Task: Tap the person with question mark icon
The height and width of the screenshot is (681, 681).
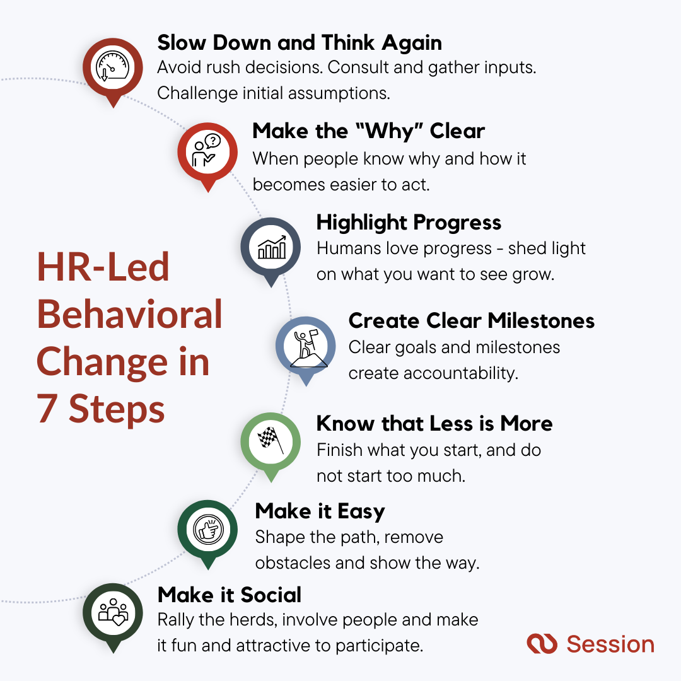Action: pyautogui.click(x=207, y=151)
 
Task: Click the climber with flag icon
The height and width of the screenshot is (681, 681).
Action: pyautogui.click(x=306, y=345)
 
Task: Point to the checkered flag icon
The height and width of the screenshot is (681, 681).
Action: pyautogui.click(x=271, y=441)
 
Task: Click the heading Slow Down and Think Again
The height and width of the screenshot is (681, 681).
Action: pyautogui.click(x=299, y=43)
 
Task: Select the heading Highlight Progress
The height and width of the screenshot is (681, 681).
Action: pyautogui.click(x=409, y=223)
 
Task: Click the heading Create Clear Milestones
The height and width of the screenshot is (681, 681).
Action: pyautogui.click(x=471, y=320)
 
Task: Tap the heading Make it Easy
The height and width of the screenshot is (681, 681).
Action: pyautogui.click(x=320, y=511)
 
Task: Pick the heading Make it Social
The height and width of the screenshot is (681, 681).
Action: pyautogui.click(x=230, y=595)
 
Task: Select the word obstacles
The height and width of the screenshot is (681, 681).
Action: pyautogui.click(x=293, y=563)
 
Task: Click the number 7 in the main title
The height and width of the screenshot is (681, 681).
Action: pyautogui.click(x=47, y=410)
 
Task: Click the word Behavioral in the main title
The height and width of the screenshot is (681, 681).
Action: pyautogui.click(x=129, y=315)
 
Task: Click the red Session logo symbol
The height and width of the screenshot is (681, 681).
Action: pyautogui.click(x=542, y=644)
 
